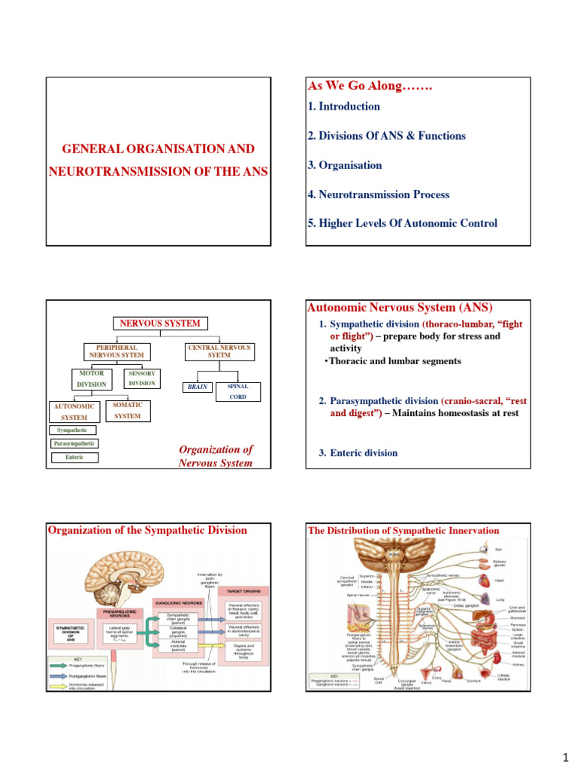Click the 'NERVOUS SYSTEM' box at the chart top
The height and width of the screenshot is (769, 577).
(x=161, y=324)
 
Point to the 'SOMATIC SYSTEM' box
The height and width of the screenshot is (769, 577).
(x=127, y=410)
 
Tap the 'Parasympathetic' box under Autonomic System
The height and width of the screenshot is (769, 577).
(x=75, y=444)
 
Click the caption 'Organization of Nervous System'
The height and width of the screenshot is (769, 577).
(x=216, y=456)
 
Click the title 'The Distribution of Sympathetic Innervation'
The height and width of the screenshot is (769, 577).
(x=403, y=530)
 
